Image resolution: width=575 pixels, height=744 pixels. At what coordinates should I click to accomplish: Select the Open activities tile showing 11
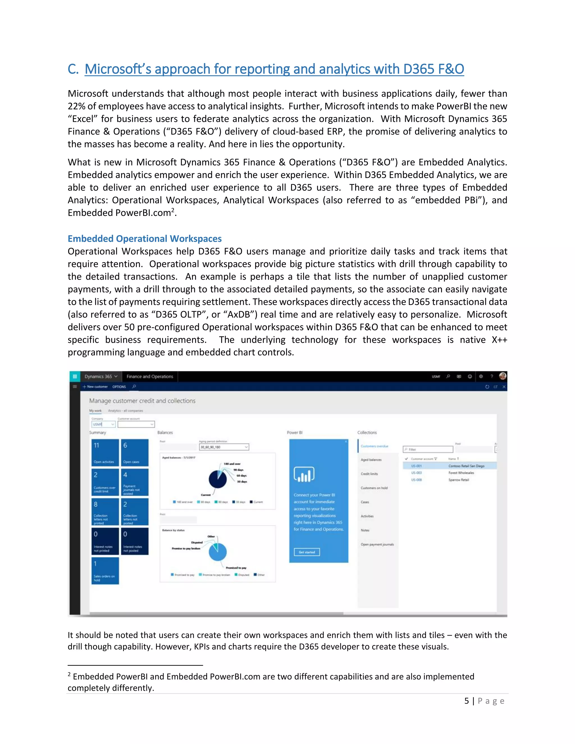tap(105, 452)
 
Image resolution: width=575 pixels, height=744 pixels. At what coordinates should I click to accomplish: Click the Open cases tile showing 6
tap(134, 452)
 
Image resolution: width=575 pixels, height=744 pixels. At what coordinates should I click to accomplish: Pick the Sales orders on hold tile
tap(105, 570)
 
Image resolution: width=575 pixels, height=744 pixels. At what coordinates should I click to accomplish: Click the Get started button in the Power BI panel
tap(307, 552)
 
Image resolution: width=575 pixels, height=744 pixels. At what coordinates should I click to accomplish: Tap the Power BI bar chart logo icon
tap(304, 474)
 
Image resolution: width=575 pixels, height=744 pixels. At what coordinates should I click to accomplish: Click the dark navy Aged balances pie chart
tap(217, 479)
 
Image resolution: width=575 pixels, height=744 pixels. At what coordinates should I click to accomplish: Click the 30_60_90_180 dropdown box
tap(224, 447)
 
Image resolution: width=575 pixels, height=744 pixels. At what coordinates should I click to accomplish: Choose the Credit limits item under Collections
tap(369, 474)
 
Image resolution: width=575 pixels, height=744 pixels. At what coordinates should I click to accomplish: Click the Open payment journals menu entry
tap(377, 544)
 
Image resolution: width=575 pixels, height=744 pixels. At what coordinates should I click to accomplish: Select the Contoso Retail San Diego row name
tap(466, 466)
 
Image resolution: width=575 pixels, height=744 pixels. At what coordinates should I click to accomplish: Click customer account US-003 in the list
tap(416, 473)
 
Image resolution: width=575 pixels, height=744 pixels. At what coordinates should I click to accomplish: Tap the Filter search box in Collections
tap(428, 449)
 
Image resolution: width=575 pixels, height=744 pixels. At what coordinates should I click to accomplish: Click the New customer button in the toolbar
tap(95, 387)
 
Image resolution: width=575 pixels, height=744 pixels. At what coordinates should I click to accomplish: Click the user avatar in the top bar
tap(503, 376)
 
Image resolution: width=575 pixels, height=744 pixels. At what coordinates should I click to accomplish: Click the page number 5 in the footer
tap(467, 701)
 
